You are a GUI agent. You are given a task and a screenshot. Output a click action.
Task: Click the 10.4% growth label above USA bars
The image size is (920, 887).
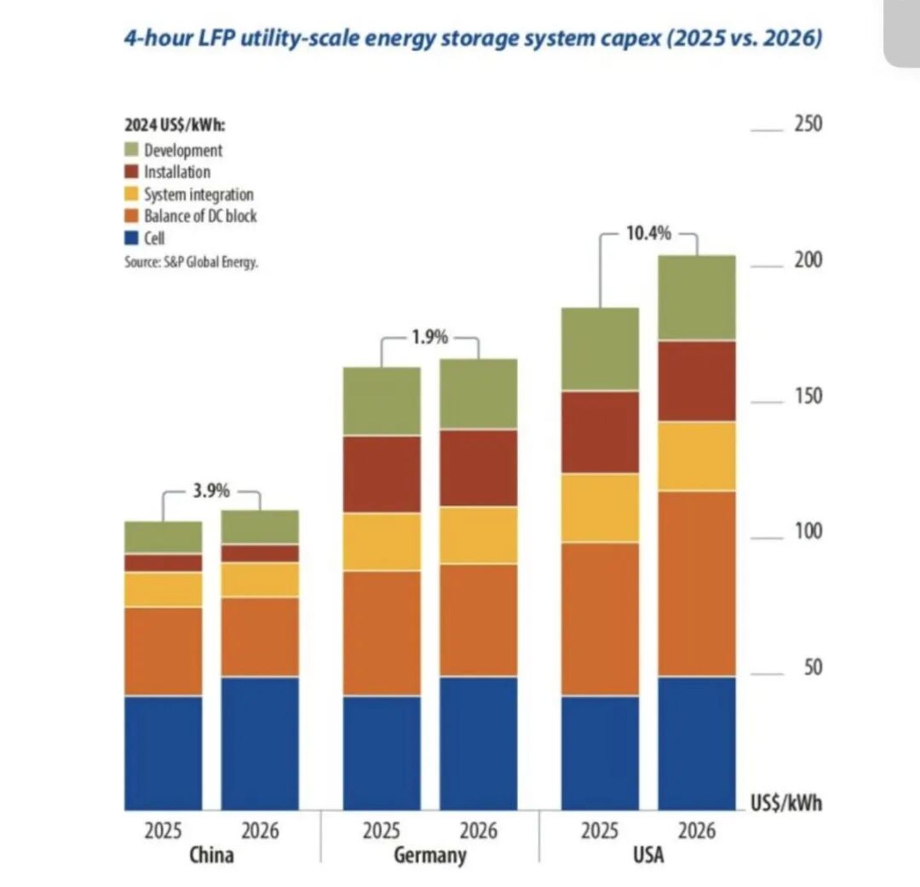[x=648, y=233]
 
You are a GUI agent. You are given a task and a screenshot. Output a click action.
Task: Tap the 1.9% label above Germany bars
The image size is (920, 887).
[x=429, y=338]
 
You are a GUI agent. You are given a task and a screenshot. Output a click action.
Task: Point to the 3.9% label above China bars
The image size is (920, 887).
[x=211, y=491]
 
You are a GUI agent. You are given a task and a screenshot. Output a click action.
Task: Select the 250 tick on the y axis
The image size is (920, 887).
[x=808, y=124]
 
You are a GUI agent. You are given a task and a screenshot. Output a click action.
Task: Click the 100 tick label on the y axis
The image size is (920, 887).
[x=808, y=532]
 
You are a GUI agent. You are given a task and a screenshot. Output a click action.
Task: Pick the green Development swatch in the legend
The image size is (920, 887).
[x=132, y=150]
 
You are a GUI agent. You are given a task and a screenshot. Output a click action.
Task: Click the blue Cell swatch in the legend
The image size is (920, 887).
[x=132, y=237]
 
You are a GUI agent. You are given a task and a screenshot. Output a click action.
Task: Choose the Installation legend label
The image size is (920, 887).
[x=177, y=172]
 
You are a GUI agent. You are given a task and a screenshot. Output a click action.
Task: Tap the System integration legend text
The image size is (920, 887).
[x=199, y=194]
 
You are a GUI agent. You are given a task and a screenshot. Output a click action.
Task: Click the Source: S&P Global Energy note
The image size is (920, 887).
[x=192, y=262]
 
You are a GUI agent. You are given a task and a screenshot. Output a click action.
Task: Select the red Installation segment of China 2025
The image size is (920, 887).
[x=163, y=562]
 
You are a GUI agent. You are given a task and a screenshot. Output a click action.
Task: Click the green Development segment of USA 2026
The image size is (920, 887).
[x=697, y=297]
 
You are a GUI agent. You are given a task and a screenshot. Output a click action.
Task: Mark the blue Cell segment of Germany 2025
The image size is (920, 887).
[x=381, y=753]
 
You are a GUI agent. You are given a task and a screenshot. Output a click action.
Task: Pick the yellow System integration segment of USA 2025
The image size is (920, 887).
[x=600, y=508]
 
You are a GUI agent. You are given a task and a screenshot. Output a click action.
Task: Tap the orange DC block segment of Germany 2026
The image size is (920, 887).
[x=479, y=621]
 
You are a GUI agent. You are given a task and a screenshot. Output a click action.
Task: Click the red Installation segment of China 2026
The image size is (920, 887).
[x=260, y=553]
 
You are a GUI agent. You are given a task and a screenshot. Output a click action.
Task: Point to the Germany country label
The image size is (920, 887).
[x=430, y=855]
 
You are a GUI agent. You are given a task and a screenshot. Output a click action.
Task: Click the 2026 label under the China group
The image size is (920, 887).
[x=260, y=831]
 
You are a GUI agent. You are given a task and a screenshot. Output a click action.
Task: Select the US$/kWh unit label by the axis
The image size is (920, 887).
[x=786, y=803]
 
